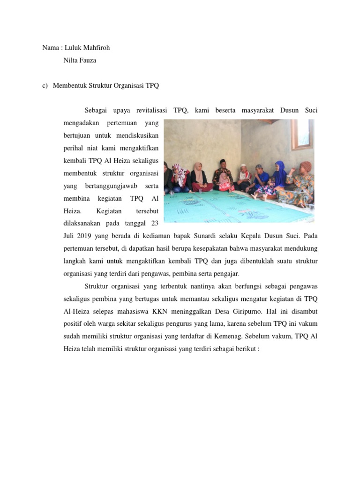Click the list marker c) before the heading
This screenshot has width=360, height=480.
45,86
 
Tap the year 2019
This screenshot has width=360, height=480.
86,235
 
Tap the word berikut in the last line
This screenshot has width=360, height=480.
247,348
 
